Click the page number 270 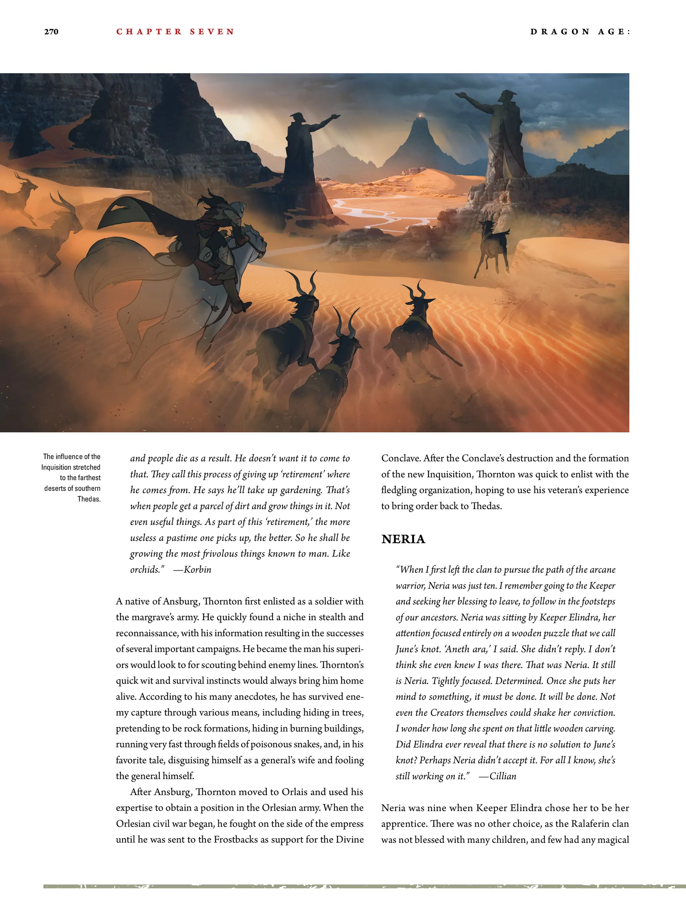[51, 32]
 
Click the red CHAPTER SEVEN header [175, 32]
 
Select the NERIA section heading [403, 539]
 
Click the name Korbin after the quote [197, 570]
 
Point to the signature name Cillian [503, 776]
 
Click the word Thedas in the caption [89, 499]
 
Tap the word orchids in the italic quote [145, 570]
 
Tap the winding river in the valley [372, 215]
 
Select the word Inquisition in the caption [71, 467]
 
